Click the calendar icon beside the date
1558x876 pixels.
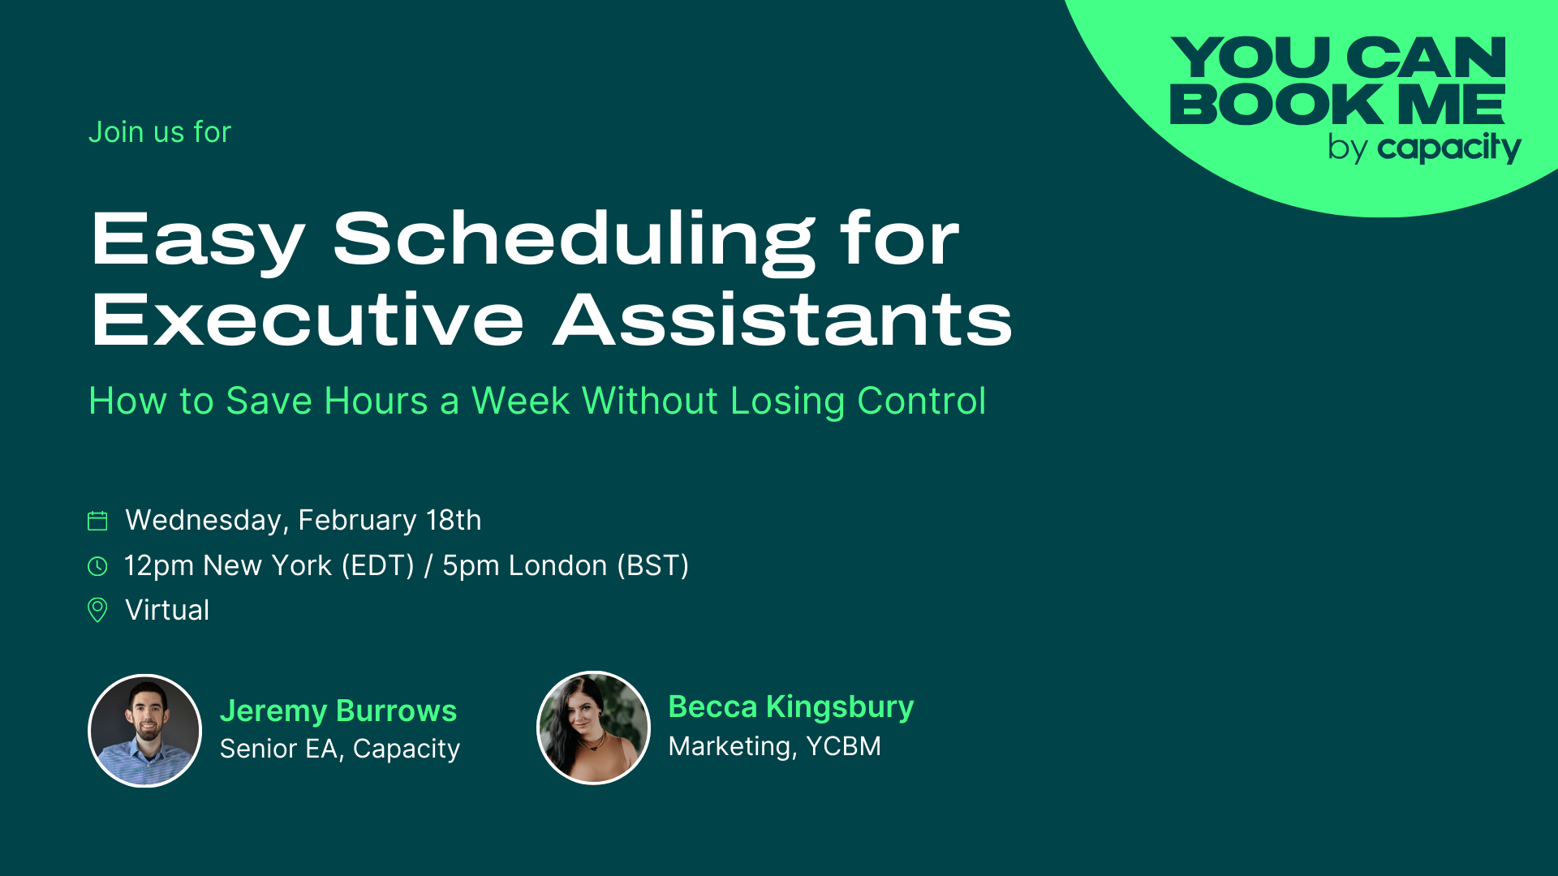click(97, 521)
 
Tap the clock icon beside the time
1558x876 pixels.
click(97, 566)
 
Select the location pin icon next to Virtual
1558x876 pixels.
click(97, 610)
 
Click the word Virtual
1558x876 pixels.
click(167, 610)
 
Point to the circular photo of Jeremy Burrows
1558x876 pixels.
click(145, 731)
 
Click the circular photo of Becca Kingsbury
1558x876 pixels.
click(594, 728)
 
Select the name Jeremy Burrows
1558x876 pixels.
click(338, 711)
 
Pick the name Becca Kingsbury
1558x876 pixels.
click(790, 706)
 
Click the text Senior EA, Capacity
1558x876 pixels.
click(339, 749)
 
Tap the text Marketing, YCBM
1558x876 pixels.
click(774, 746)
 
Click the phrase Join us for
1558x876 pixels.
click(160, 132)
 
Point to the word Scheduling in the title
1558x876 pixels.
click(574, 240)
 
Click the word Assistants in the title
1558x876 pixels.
click(783, 320)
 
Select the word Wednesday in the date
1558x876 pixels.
click(203, 520)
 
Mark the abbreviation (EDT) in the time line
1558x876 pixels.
click(377, 565)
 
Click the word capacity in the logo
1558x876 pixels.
click(1448, 148)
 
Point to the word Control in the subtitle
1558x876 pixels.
click(921, 401)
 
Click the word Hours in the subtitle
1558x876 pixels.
click(376, 401)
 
